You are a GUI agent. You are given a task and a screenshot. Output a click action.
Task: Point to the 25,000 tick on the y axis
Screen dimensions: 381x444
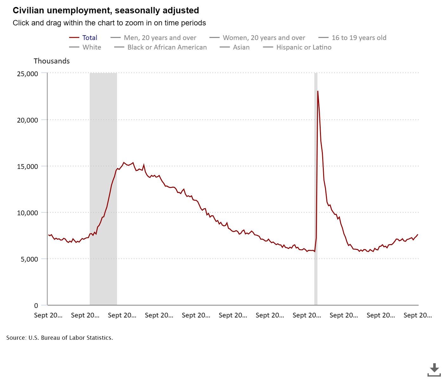28,74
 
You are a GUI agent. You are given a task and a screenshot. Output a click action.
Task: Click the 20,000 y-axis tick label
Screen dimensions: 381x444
28,120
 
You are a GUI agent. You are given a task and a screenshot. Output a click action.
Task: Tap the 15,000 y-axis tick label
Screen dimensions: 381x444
28,167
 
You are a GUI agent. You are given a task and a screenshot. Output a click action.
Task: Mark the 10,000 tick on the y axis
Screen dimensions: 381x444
28,213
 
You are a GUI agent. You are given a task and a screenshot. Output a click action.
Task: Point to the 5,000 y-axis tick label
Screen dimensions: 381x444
29,259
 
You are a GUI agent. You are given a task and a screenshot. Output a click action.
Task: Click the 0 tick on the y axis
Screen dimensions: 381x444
36,306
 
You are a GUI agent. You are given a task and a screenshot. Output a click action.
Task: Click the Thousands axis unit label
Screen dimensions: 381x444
52,61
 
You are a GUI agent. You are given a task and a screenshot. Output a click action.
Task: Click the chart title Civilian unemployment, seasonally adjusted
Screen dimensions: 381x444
106,10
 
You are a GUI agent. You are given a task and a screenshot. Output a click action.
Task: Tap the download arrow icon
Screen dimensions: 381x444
434,369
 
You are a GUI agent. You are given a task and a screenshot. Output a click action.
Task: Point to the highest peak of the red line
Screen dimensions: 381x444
318,91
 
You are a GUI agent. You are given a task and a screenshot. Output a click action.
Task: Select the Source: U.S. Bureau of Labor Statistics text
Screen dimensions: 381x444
60,338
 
